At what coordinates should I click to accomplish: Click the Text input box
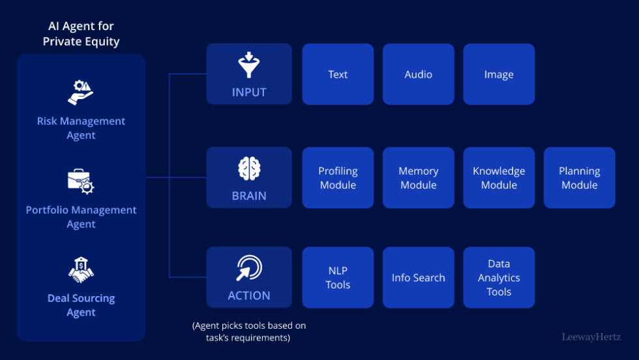click(338, 74)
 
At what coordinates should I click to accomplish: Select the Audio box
click(418, 74)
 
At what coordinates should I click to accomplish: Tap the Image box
click(499, 74)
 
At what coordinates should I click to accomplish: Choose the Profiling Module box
click(338, 177)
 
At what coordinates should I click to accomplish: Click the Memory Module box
click(418, 177)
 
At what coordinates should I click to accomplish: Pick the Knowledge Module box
click(499, 177)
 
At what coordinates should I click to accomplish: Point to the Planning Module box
click(579, 177)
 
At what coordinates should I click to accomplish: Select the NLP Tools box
click(338, 277)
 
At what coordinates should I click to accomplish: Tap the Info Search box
click(418, 277)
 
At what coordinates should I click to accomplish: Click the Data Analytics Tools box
click(499, 277)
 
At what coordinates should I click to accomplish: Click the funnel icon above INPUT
click(249, 66)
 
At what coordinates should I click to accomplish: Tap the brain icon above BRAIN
click(249, 169)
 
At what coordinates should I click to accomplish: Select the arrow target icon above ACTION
click(249, 268)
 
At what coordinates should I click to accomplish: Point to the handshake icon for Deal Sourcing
click(81, 271)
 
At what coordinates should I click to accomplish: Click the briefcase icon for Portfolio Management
click(81, 182)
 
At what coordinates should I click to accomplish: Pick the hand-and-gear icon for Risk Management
click(81, 92)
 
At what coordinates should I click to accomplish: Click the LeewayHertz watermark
click(591, 337)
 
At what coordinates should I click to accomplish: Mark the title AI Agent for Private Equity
click(81, 33)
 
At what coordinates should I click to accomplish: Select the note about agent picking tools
click(249, 331)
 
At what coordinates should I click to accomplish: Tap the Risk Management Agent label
click(81, 128)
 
